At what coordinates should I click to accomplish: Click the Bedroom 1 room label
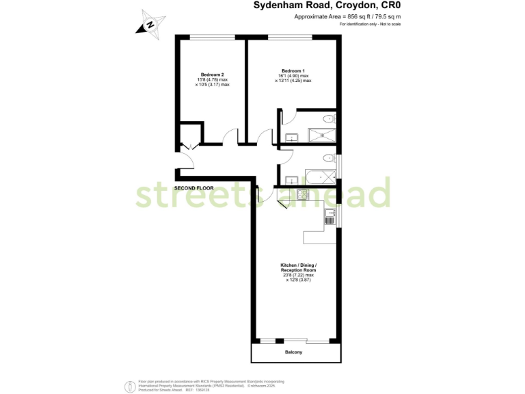(293, 70)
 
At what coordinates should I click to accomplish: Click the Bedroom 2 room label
(213, 75)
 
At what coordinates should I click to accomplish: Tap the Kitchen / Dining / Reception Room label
(299, 267)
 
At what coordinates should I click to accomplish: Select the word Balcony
(293, 352)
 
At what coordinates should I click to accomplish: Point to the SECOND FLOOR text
(193, 187)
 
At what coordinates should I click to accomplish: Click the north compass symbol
(150, 25)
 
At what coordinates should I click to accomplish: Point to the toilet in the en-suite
(329, 118)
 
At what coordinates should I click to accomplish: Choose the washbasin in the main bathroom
(290, 179)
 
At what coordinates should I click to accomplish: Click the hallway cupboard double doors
(189, 144)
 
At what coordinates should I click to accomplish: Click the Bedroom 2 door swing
(232, 136)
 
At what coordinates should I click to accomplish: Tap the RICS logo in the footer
(129, 386)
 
